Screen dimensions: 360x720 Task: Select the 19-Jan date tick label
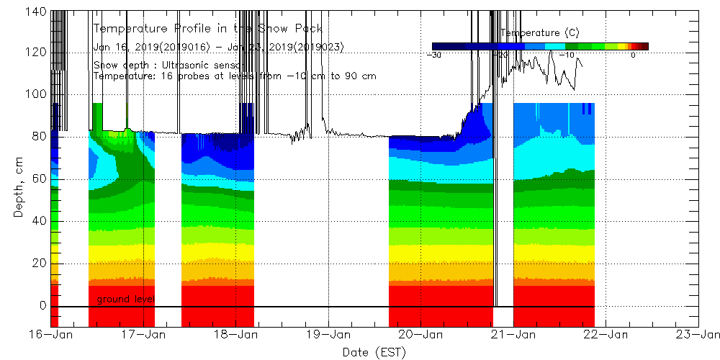(328, 334)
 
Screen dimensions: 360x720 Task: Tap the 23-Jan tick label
(698, 334)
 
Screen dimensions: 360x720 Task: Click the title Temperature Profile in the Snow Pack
(208, 29)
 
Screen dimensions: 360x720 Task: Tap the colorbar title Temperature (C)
(540, 33)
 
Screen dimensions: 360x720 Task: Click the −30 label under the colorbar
(434, 55)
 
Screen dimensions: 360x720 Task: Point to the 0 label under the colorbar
(633, 55)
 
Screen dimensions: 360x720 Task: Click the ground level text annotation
(125, 299)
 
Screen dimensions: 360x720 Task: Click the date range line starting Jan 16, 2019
(219, 47)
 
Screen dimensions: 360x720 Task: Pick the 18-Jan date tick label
(236, 334)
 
